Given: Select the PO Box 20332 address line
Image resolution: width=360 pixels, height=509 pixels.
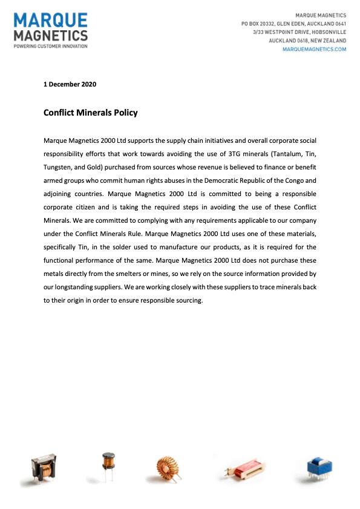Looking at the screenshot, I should point(293,23).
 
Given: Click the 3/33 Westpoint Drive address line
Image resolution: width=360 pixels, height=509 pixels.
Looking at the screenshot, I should point(299,31).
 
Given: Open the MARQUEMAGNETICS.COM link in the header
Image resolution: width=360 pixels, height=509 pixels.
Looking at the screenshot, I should point(315,49).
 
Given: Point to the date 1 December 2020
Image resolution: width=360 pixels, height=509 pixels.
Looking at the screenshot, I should point(70,84).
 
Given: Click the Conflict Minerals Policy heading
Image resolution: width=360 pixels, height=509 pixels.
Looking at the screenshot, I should point(90,113).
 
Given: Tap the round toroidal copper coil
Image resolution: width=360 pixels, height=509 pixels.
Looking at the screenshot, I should point(169,469).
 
